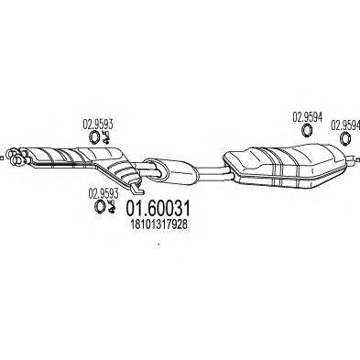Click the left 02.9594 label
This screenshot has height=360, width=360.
(308, 117)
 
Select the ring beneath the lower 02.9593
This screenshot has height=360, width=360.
(98, 207)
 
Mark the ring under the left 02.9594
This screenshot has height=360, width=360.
(305, 133)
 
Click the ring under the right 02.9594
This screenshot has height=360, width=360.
(345, 138)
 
